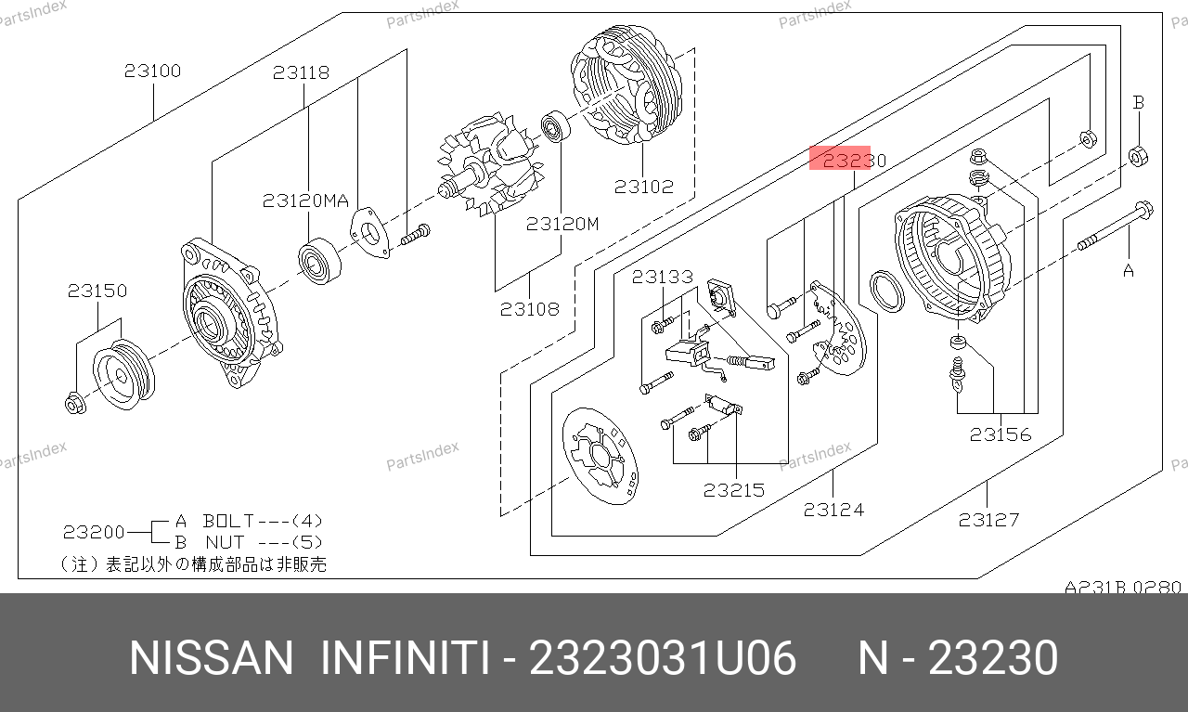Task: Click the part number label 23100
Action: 153,71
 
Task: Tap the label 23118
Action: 302,72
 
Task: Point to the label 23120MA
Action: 305,201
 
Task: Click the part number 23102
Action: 644,187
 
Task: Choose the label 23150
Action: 97,291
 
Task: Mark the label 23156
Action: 1001,434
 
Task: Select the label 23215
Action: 734,490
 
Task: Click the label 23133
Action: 663,277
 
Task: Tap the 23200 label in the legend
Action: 94,532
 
